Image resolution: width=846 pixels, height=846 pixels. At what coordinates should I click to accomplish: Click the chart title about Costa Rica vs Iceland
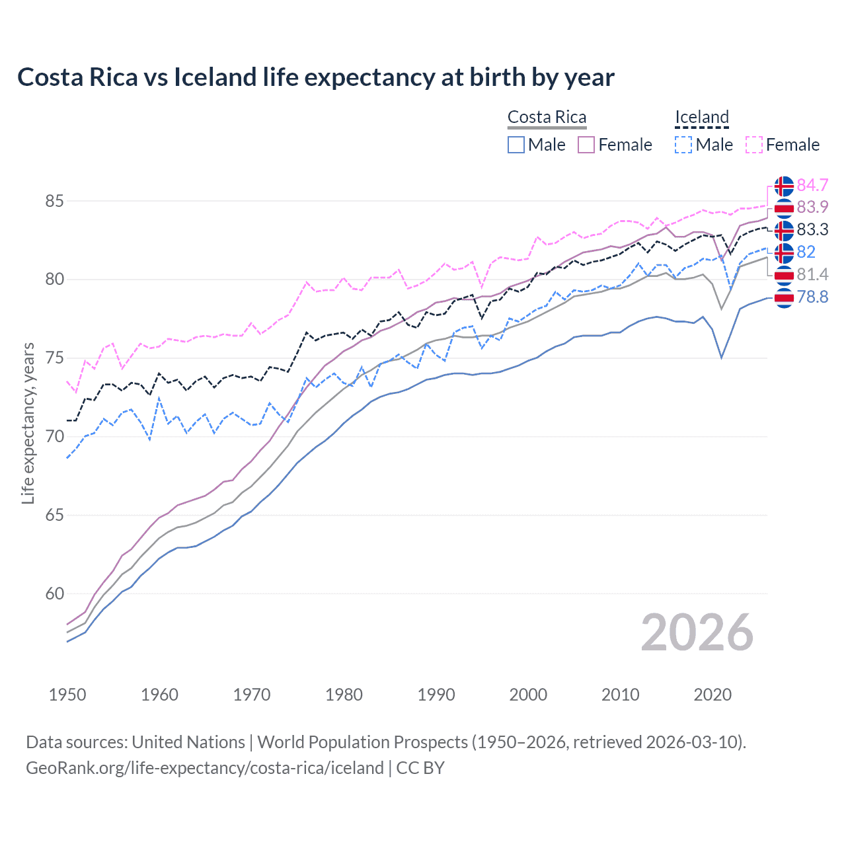(316, 77)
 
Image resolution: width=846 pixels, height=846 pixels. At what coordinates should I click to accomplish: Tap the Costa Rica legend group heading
(547, 117)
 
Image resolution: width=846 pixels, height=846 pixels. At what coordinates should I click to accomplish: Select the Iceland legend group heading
(701, 117)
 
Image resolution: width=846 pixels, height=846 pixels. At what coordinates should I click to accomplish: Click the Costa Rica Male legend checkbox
(516, 145)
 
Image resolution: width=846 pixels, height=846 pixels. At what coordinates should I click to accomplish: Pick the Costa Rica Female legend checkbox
(586, 145)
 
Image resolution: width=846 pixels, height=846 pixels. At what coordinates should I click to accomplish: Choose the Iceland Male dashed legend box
(683, 145)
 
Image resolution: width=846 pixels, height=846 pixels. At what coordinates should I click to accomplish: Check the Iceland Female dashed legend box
(754, 145)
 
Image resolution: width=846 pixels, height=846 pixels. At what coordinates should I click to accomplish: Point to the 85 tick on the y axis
(54, 201)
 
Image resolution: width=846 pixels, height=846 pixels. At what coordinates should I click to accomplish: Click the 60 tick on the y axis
(54, 594)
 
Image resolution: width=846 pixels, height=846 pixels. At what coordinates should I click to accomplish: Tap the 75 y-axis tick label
(54, 358)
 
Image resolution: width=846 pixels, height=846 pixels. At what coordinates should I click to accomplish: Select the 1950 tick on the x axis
(67, 695)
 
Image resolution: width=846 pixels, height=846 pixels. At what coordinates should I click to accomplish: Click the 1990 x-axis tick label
(436, 695)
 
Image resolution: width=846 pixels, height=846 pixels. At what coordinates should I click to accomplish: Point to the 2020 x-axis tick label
(712, 695)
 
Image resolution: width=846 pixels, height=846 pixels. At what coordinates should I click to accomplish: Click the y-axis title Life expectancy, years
(28, 423)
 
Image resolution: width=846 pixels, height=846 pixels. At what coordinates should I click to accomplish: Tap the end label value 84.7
(812, 185)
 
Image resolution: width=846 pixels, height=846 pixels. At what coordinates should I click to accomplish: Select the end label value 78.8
(812, 297)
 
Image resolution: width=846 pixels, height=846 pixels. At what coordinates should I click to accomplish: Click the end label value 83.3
(812, 229)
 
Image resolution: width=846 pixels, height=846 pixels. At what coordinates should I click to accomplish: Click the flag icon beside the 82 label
(784, 252)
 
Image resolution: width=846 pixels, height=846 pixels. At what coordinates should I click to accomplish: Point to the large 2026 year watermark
(697, 633)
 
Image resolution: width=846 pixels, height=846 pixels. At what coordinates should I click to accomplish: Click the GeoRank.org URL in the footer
(205, 768)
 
